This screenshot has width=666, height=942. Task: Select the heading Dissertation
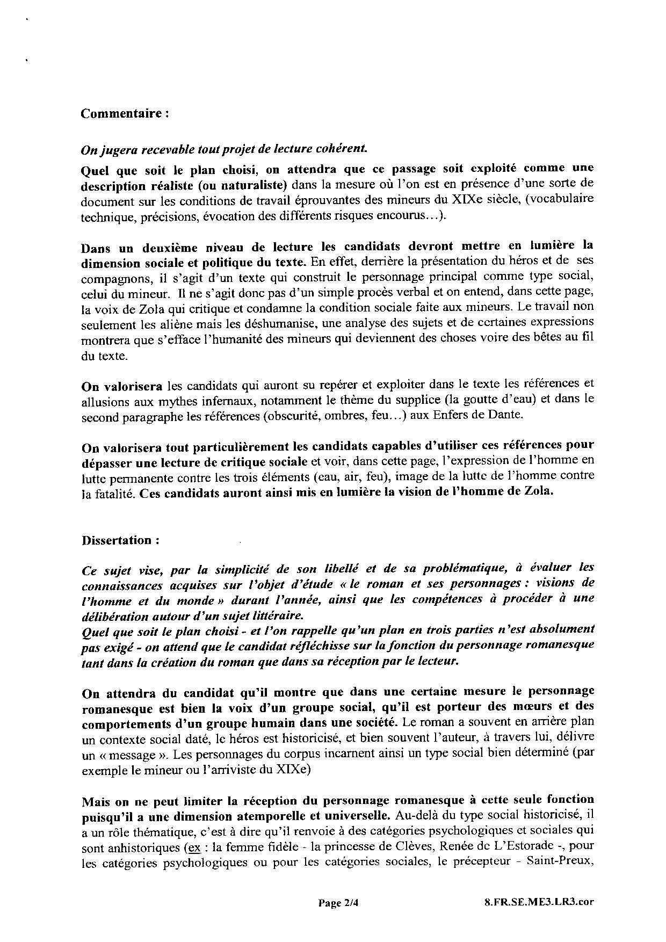pos(120,540)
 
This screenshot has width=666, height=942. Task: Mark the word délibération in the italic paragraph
pos(111,614)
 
